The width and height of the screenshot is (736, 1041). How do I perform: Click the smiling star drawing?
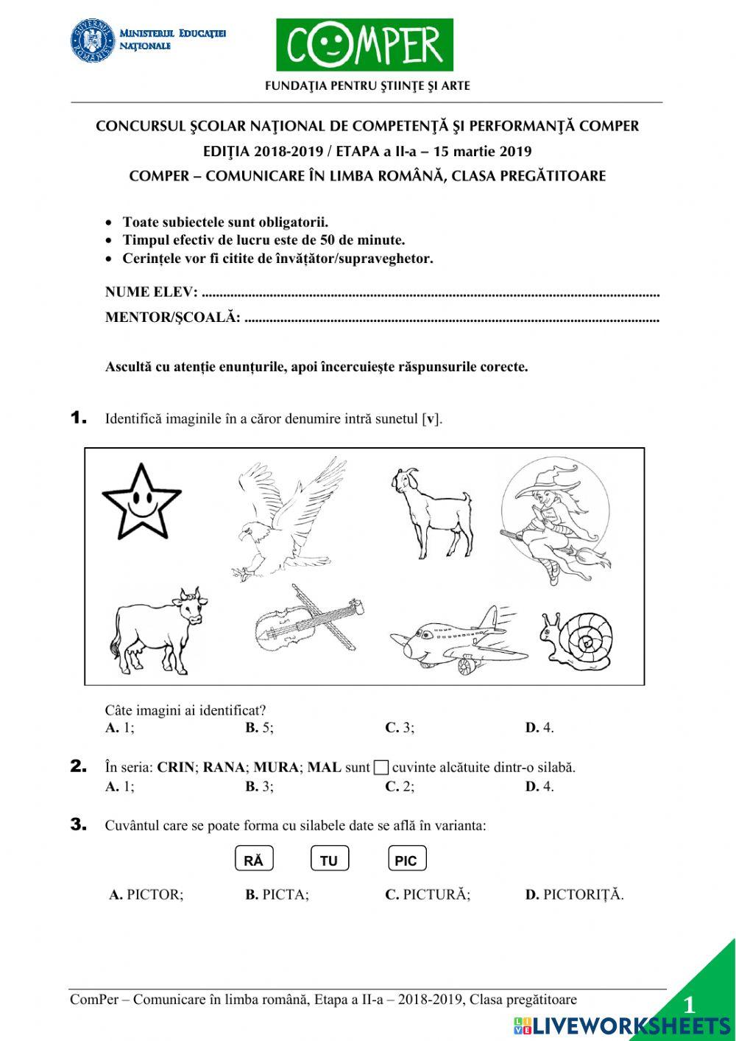[x=141, y=503]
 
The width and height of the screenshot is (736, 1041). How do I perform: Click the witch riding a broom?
[x=556, y=519]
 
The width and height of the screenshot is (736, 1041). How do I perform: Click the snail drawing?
[x=578, y=640]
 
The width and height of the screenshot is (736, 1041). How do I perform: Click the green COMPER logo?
[x=364, y=45]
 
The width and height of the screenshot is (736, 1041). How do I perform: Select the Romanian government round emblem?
[x=93, y=41]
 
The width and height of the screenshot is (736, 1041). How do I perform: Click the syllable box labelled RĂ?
[x=253, y=860]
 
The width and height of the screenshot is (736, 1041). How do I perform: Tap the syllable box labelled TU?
[x=329, y=860]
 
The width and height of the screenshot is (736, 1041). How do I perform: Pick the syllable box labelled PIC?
[x=406, y=860]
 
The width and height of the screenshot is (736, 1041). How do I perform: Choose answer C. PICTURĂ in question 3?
[x=428, y=894]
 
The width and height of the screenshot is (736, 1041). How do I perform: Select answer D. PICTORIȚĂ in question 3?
[x=574, y=894]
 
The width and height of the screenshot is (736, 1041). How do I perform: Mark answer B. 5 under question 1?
[x=259, y=728]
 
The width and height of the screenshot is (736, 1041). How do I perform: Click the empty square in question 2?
[x=381, y=768]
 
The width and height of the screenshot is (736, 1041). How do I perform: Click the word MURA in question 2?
[x=276, y=767]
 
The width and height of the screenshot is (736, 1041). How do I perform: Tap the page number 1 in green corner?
[x=689, y=1005]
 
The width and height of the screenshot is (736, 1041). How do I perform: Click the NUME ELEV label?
[x=151, y=292]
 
